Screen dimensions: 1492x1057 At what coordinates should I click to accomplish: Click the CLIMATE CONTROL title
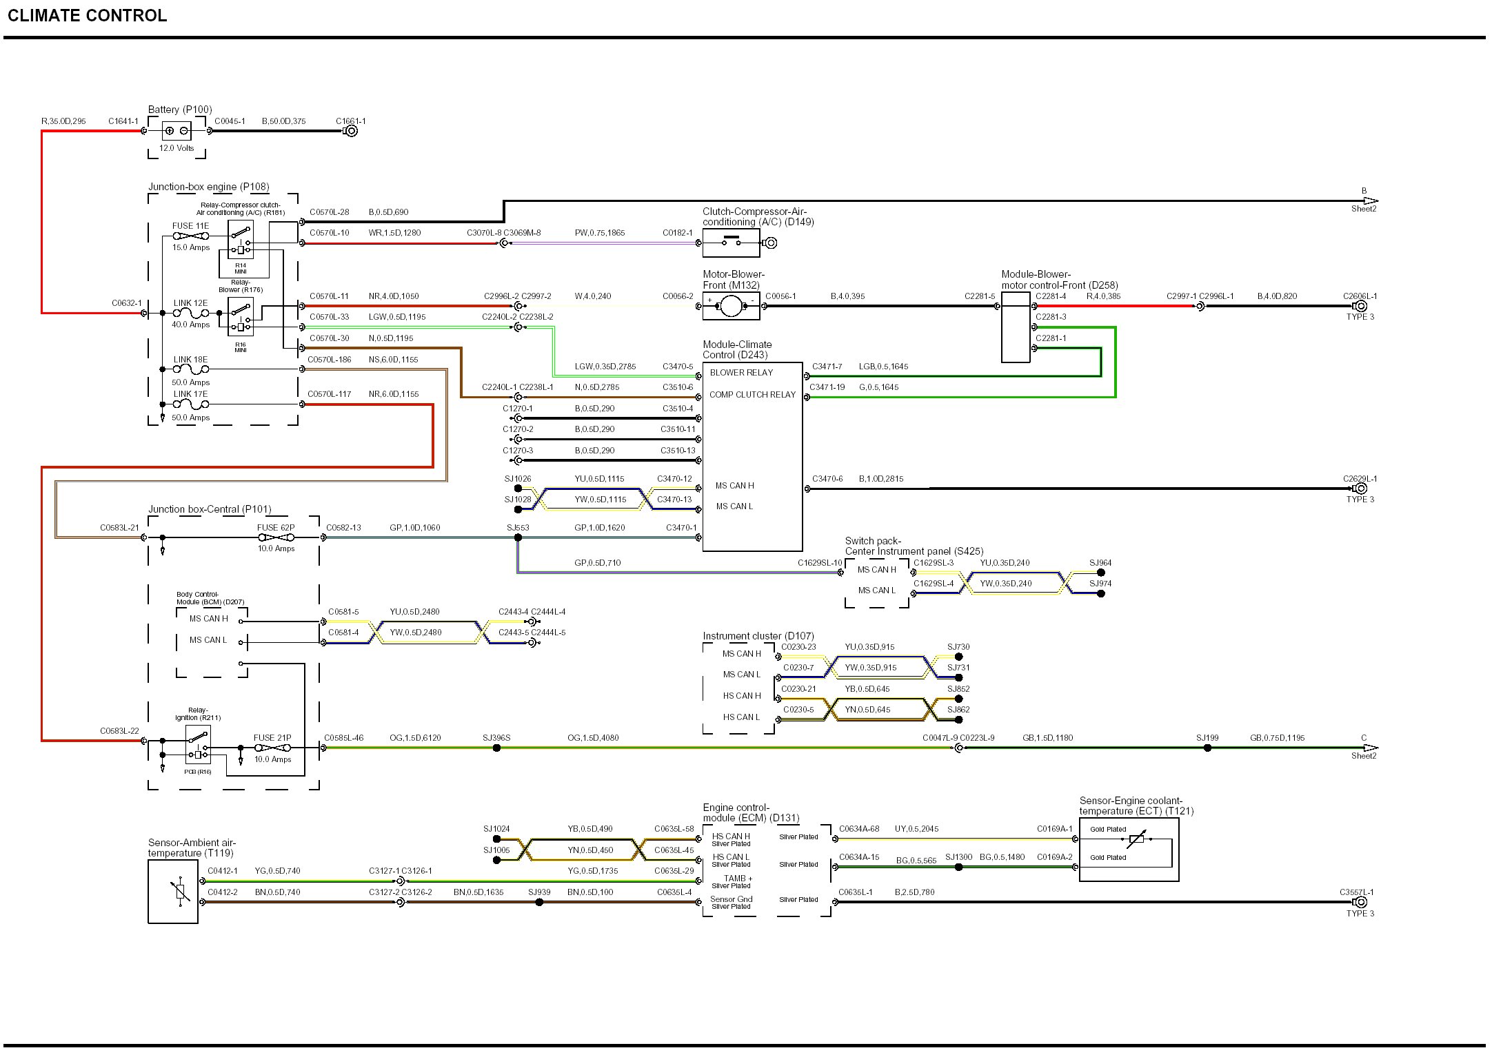coord(88,16)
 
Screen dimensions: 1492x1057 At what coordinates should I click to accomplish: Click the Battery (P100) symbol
coord(177,131)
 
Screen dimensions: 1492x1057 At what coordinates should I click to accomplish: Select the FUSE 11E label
coord(190,226)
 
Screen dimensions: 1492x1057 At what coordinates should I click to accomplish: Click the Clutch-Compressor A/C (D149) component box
coord(731,243)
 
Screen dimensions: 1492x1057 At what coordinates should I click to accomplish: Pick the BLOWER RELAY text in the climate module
coord(741,373)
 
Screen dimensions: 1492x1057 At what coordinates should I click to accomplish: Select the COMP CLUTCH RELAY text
coord(752,395)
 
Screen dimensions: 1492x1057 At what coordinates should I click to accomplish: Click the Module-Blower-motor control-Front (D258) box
coord(1016,327)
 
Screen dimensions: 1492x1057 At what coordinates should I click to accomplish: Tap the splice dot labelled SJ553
coord(518,537)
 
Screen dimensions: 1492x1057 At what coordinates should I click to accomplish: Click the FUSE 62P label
coord(276,528)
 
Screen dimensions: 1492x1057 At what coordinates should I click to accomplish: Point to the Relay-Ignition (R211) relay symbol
coord(198,745)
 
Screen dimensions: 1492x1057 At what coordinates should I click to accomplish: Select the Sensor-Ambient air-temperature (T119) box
coord(173,892)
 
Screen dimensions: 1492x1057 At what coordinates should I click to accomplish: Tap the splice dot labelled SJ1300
coord(958,867)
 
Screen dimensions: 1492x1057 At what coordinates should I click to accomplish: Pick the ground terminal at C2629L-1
coord(1360,489)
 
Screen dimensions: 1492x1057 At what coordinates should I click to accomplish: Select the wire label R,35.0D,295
coord(63,121)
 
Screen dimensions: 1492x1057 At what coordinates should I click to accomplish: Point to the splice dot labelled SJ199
coord(1207,748)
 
